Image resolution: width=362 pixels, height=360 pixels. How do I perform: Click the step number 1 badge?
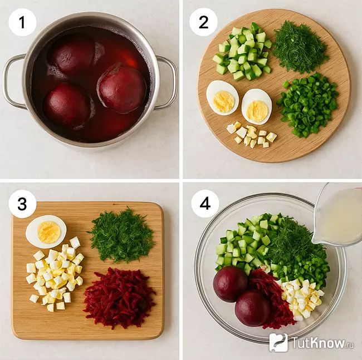(22, 22)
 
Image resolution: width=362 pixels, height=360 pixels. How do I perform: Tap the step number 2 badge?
(203, 22)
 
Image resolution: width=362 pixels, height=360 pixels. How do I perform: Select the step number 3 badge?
(22, 204)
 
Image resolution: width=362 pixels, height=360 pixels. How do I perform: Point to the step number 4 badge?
(205, 204)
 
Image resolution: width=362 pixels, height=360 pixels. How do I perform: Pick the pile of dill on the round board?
(300, 46)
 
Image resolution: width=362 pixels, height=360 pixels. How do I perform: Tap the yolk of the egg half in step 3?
(49, 232)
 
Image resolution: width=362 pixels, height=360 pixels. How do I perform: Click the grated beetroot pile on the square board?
(120, 298)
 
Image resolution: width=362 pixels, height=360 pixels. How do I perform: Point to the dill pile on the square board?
(121, 235)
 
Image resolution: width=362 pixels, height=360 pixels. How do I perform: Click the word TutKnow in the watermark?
(319, 343)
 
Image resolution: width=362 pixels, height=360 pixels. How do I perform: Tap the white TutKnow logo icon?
(278, 342)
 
